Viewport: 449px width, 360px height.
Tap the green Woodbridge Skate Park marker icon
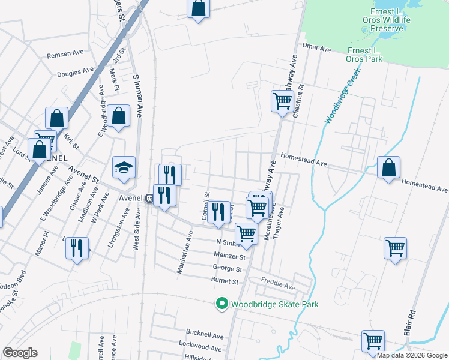[x=222, y=304]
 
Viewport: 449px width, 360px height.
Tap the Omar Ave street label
[x=318, y=47]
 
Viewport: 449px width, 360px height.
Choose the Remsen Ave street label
[x=65, y=53]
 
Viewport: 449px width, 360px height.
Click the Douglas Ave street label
[x=76, y=73]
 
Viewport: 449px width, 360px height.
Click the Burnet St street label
[x=225, y=281]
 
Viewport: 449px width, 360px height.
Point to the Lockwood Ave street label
[x=201, y=346]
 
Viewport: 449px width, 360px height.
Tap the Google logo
[x=20, y=353]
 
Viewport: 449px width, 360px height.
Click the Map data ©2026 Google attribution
[x=412, y=355]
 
